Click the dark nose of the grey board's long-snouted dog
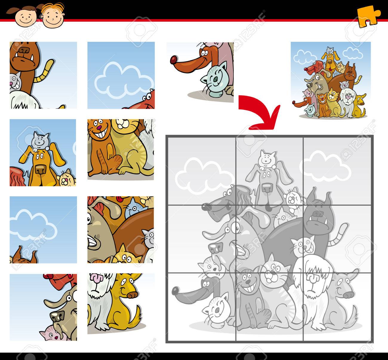point(175,290)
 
